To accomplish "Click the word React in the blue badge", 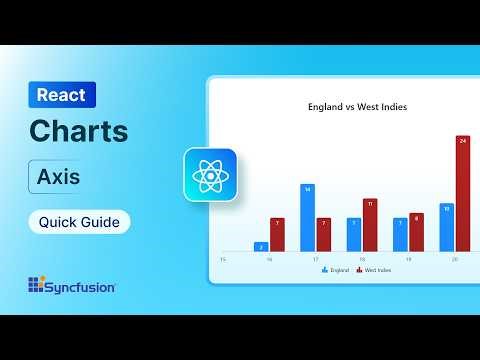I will tap(61, 95).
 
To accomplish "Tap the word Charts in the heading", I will tap(79, 131).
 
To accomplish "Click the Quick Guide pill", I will tap(79, 221).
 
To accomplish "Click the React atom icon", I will tap(210, 175).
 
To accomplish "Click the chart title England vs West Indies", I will tap(343, 107).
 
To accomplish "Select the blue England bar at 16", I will tap(262, 246).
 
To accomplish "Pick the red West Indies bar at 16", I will tap(277, 234).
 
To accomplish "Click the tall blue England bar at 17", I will tap(308, 217).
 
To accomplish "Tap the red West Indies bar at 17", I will tap(323, 234).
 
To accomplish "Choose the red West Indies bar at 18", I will tap(370, 225).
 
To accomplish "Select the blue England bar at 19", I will tap(400, 234).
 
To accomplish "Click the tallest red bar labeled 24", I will tap(463, 193).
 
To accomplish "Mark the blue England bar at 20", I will tap(447, 226).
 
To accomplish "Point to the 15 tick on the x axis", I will tap(223, 259).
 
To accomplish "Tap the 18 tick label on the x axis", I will tap(362, 259).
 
